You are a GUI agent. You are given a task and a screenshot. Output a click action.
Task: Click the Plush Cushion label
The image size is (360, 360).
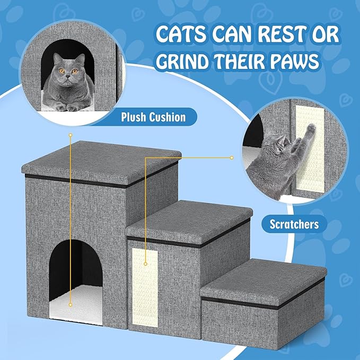click(153, 117)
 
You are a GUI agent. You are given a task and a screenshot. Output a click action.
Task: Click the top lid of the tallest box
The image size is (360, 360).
click(101, 156)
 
